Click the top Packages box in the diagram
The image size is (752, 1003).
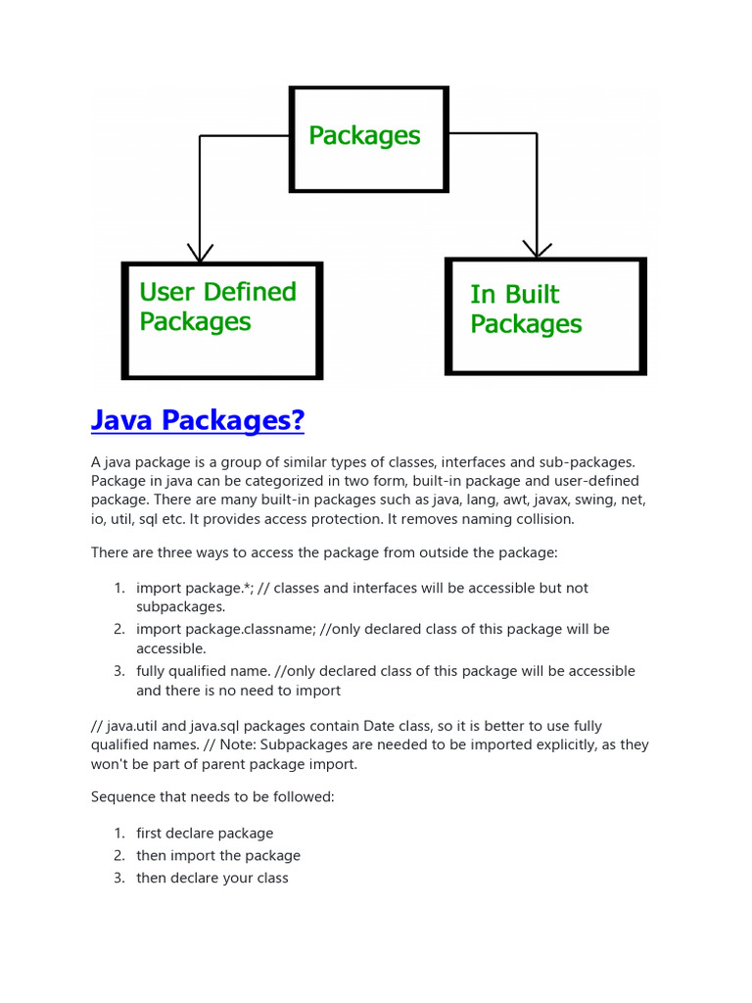point(368,138)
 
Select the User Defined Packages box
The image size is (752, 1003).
point(222,319)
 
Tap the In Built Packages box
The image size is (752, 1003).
point(545,315)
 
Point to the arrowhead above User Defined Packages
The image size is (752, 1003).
point(200,254)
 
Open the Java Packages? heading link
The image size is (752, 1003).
point(198,421)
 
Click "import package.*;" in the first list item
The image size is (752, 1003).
point(192,588)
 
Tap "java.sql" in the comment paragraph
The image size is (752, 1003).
point(201,726)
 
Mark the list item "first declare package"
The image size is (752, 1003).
point(205,834)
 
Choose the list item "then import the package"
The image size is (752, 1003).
point(218,855)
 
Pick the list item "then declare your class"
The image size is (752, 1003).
point(212,878)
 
